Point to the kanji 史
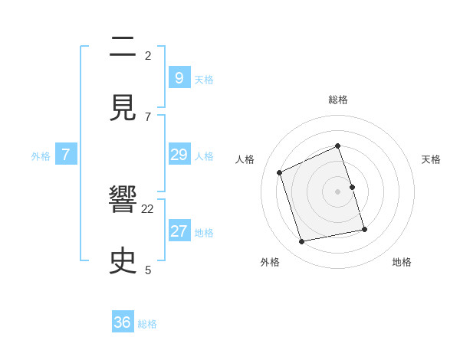point(124,261)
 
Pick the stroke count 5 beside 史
point(148,270)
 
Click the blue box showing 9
point(179,77)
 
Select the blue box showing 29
point(179,155)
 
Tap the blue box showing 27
point(179,231)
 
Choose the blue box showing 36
point(123,322)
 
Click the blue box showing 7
point(66,155)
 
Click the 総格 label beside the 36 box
point(147,324)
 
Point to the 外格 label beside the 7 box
point(41,156)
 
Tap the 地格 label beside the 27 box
point(204,233)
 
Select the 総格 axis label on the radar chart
point(338,100)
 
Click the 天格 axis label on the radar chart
point(431,159)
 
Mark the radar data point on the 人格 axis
point(280,172)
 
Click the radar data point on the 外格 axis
point(302,241)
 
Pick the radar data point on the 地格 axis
point(364,229)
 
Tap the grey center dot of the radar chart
point(338,191)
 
